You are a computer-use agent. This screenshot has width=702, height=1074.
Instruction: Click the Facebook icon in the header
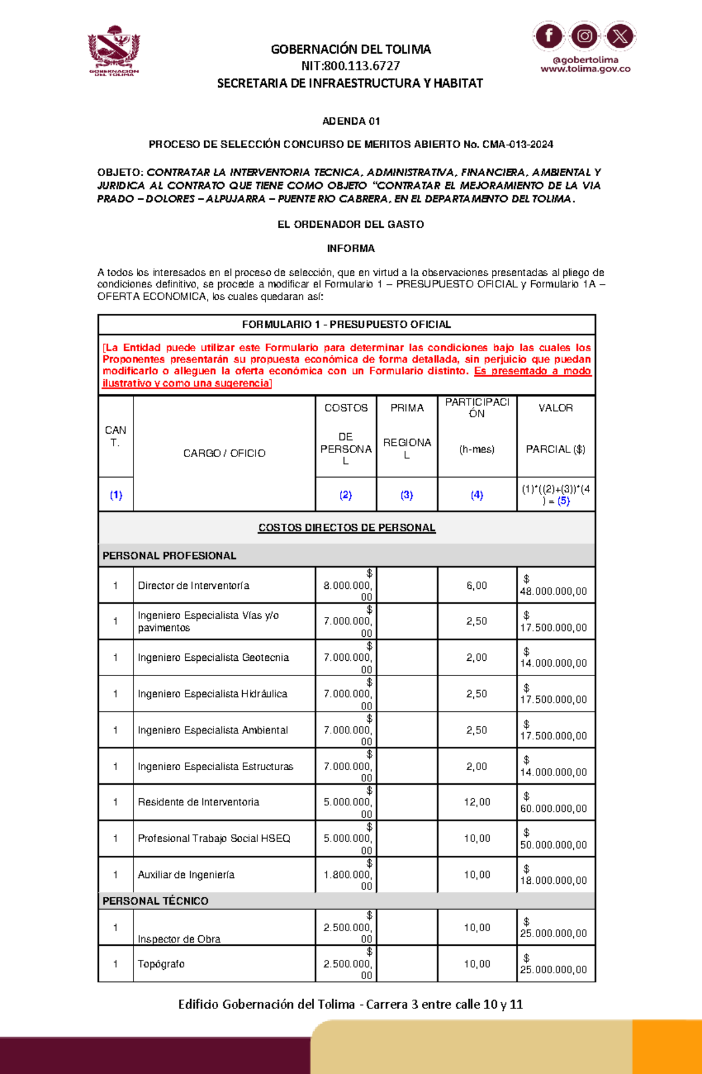click(548, 36)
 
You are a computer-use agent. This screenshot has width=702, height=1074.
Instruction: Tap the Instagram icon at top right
click(584, 36)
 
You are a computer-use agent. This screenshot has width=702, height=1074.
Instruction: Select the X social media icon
click(620, 36)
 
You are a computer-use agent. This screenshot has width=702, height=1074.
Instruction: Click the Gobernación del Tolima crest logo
click(114, 50)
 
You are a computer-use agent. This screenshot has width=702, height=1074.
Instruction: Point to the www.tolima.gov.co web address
click(585, 69)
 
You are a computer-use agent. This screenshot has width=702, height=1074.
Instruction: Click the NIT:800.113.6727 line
click(350, 66)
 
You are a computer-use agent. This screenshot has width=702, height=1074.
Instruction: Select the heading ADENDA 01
click(351, 121)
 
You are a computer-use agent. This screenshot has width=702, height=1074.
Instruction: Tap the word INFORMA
click(351, 248)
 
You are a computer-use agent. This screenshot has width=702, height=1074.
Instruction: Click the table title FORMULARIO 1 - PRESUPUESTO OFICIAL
click(346, 324)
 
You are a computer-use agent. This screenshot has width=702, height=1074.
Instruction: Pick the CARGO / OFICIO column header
click(224, 453)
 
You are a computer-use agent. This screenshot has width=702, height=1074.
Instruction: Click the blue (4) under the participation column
click(477, 495)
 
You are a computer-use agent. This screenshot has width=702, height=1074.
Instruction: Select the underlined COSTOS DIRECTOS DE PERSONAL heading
click(346, 527)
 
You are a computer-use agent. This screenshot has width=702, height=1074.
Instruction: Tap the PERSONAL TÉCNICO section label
click(155, 901)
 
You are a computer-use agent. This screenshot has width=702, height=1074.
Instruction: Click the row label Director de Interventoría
click(194, 585)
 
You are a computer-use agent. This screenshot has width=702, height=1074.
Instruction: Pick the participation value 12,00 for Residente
click(477, 802)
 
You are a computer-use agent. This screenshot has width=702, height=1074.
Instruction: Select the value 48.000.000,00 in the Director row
click(553, 591)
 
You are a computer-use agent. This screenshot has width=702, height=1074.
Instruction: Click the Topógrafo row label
click(161, 964)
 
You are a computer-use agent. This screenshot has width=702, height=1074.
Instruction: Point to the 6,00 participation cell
click(477, 585)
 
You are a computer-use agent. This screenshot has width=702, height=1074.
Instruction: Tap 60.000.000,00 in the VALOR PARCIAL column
click(553, 808)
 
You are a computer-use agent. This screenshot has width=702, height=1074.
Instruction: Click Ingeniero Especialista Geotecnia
click(213, 657)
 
